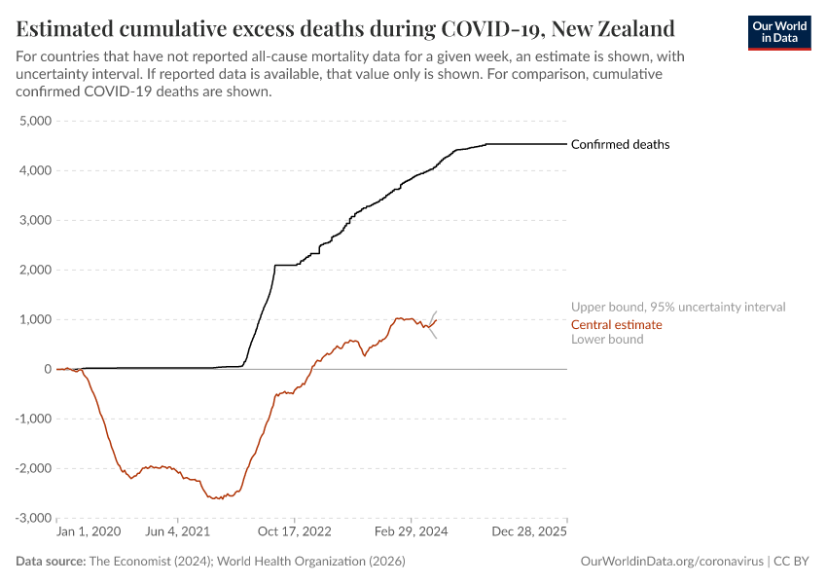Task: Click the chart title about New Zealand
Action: [345, 26]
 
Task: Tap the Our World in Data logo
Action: [779, 32]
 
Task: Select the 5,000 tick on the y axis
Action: [35, 121]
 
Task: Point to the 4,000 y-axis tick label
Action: [35, 170]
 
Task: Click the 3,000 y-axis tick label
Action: [35, 220]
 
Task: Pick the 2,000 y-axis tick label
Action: [35, 270]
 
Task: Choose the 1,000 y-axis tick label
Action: [35, 319]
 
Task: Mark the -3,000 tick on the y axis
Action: [33, 518]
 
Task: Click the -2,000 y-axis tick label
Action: [33, 468]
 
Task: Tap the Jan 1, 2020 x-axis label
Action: [89, 532]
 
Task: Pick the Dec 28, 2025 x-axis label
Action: [527, 532]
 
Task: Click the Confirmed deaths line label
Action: [620, 144]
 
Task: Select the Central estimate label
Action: [616, 324]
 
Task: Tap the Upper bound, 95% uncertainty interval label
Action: [678, 307]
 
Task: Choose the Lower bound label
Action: [607, 339]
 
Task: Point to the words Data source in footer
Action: [51, 562]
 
